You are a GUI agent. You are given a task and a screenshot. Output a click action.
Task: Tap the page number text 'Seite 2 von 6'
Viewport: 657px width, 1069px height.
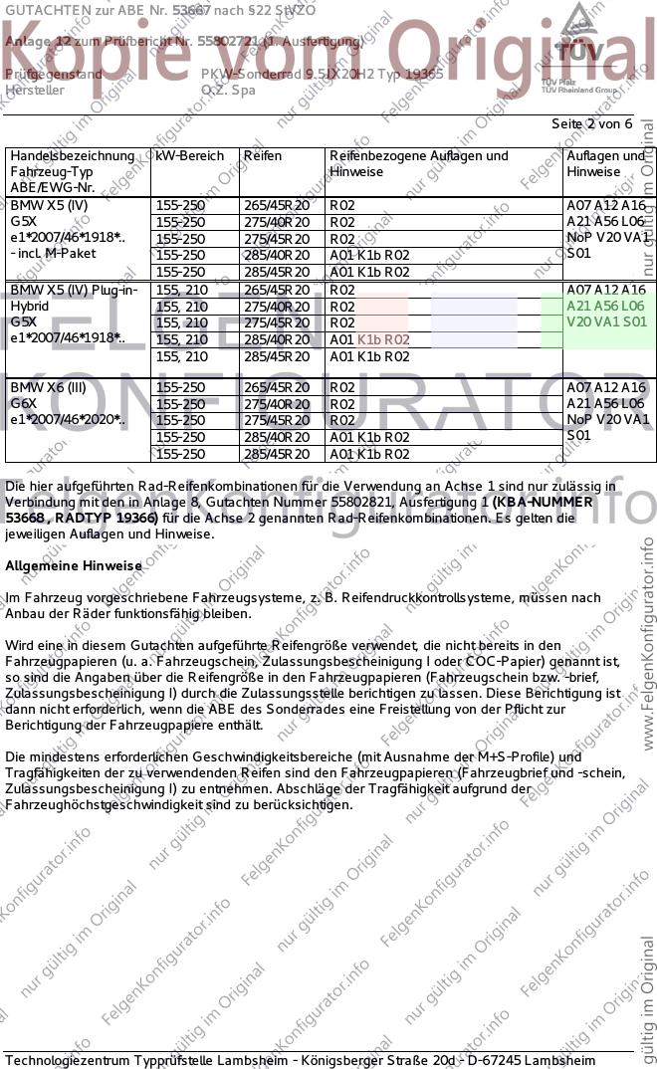pyautogui.click(x=591, y=123)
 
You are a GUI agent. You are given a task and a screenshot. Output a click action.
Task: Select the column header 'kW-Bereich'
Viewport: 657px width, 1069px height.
pyautogui.click(x=190, y=156)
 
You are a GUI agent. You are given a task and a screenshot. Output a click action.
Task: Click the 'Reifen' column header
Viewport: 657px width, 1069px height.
pyautogui.click(x=263, y=156)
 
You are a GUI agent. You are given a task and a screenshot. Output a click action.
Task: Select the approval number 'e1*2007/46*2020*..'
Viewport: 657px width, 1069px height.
pyautogui.click(x=68, y=420)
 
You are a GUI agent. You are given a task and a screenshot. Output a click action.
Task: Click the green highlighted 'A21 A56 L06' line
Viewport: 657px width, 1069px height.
pyautogui.click(x=605, y=306)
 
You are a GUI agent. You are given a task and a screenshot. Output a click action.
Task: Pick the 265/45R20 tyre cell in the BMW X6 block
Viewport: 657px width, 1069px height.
pyautogui.click(x=277, y=387)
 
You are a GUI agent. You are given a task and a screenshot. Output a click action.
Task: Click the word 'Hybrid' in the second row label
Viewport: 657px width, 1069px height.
pyautogui.click(x=30, y=306)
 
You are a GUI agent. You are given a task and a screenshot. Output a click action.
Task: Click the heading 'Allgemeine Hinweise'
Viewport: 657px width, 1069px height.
pyautogui.click(x=74, y=565)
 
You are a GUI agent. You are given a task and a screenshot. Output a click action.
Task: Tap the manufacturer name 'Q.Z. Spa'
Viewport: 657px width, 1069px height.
pyautogui.click(x=228, y=90)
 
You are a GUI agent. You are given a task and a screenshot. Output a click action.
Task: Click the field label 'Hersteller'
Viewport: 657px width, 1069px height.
pyautogui.click(x=35, y=90)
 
